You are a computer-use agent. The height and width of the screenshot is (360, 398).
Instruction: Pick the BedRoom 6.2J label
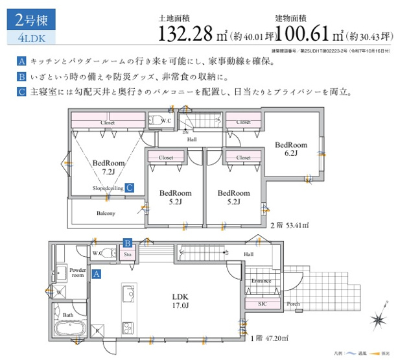tap(286, 149)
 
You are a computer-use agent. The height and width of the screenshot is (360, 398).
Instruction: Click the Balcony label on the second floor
tap(106, 213)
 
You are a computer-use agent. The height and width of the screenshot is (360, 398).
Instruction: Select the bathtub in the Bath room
tap(68, 329)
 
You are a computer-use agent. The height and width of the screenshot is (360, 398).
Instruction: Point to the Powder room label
tap(77, 273)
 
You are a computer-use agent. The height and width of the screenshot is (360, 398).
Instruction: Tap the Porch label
tap(293, 304)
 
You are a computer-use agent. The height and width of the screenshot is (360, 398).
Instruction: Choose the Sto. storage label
tap(127, 255)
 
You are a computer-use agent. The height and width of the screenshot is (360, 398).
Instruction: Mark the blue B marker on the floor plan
tap(128, 243)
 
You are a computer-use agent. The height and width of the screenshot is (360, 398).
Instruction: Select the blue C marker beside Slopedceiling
tap(130, 188)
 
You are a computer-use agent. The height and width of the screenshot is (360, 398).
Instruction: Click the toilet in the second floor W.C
tap(156, 120)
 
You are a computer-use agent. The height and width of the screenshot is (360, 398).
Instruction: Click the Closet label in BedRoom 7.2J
tap(108, 123)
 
